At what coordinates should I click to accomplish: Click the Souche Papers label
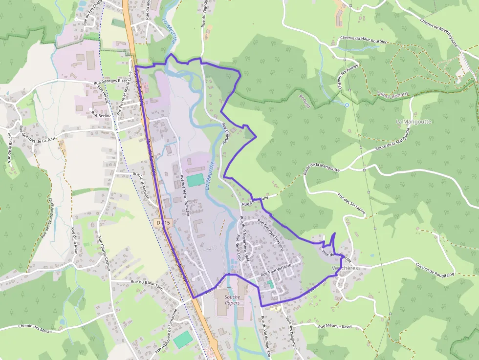tap(232, 299)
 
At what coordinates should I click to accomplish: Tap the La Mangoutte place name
tap(414, 121)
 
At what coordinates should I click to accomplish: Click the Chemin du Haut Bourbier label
tap(363, 40)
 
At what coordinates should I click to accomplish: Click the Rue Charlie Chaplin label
tap(104, 254)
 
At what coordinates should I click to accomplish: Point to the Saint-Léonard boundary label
tap(392, 93)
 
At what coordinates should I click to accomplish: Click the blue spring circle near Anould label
tap(347, 105)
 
